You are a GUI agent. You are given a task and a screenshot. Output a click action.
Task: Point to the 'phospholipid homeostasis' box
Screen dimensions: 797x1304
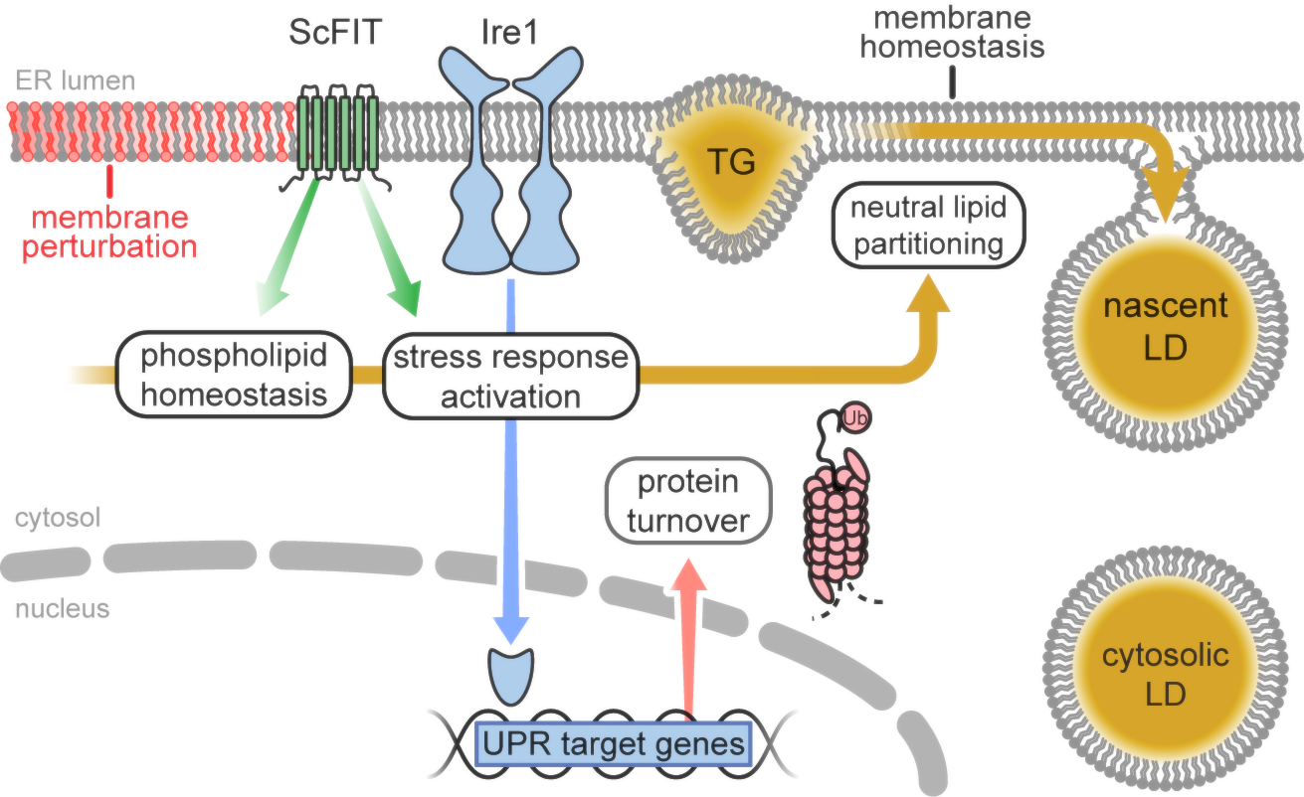point(235,375)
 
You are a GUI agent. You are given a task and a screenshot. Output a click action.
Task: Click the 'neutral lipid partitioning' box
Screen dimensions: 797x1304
point(928,227)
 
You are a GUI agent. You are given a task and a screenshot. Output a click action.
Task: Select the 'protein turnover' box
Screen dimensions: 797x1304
point(688,502)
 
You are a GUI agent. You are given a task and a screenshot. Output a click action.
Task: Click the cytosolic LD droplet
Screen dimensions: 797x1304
point(1166,675)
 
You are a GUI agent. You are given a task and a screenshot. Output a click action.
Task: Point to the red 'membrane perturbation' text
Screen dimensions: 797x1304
point(111,231)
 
